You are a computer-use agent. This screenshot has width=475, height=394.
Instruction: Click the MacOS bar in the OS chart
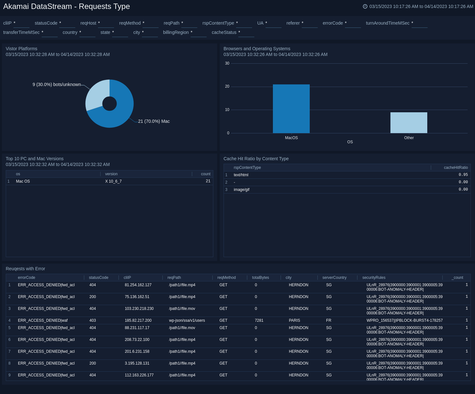(x=291, y=109)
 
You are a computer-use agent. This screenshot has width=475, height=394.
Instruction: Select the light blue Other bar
(x=409, y=122)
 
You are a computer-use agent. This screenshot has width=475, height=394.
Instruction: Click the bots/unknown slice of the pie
(x=96, y=93)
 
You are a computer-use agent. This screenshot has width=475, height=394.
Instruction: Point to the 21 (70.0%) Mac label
(x=154, y=121)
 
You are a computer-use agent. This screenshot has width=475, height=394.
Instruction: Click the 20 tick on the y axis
(x=227, y=86)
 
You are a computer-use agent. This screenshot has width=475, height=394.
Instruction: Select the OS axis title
(x=350, y=142)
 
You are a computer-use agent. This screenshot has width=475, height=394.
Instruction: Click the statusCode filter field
(x=67, y=23)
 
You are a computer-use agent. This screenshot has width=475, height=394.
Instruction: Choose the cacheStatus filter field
(x=246, y=33)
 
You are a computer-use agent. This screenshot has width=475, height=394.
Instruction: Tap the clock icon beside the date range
(x=365, y=6)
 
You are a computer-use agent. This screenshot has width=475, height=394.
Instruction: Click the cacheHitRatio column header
(x=455, y=168)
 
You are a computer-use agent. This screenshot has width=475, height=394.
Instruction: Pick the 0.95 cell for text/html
(x=463, y=175)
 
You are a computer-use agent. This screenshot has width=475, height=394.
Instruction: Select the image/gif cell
(x=242, y=190)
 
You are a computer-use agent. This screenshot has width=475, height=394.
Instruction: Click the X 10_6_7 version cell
(x=113, y=181)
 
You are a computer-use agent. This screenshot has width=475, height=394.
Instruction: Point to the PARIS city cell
(x=294, y=320)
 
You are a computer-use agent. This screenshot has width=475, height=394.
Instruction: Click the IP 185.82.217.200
(x=138, y=320)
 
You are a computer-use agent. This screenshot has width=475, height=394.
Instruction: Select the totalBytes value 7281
(x=259, y=320)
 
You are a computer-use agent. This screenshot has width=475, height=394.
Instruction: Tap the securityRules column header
(x=373, y=278)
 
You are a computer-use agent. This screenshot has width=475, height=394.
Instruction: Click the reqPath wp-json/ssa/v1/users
(x=187, y=320)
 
